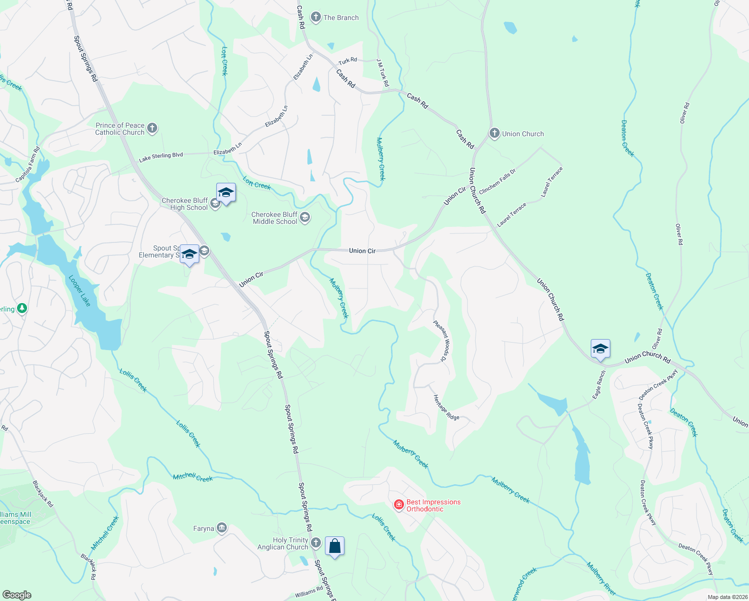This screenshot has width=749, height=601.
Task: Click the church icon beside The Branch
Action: click(315, 18)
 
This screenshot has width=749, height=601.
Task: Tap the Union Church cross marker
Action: click(494, 134)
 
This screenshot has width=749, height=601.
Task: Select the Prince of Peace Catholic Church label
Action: click(120, 129)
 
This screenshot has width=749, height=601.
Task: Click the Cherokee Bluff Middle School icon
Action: click(305, 218)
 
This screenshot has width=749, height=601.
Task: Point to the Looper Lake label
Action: click(80, 291)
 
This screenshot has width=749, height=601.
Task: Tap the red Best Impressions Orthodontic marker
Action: click(399, 505)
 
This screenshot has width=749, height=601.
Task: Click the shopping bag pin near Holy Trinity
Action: click(334, 546)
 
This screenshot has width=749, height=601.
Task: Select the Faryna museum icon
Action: click(222, 528)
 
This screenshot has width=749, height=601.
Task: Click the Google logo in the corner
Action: click(17, 595)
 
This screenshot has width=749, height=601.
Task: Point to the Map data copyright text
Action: click(727, 597)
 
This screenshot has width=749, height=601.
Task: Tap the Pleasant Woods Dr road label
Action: click(442, 341)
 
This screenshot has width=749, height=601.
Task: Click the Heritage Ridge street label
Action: click(446, 407)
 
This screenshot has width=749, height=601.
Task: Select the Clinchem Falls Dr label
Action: click(497, 182)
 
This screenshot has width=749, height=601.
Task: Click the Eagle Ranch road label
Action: click(599, 385)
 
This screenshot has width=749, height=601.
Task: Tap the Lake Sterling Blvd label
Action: click(161, 157)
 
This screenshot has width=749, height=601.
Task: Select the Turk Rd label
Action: click(347, 61)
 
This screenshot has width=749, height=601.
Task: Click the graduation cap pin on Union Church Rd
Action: click(600, 349)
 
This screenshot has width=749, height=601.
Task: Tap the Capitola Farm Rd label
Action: click(28, 165)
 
